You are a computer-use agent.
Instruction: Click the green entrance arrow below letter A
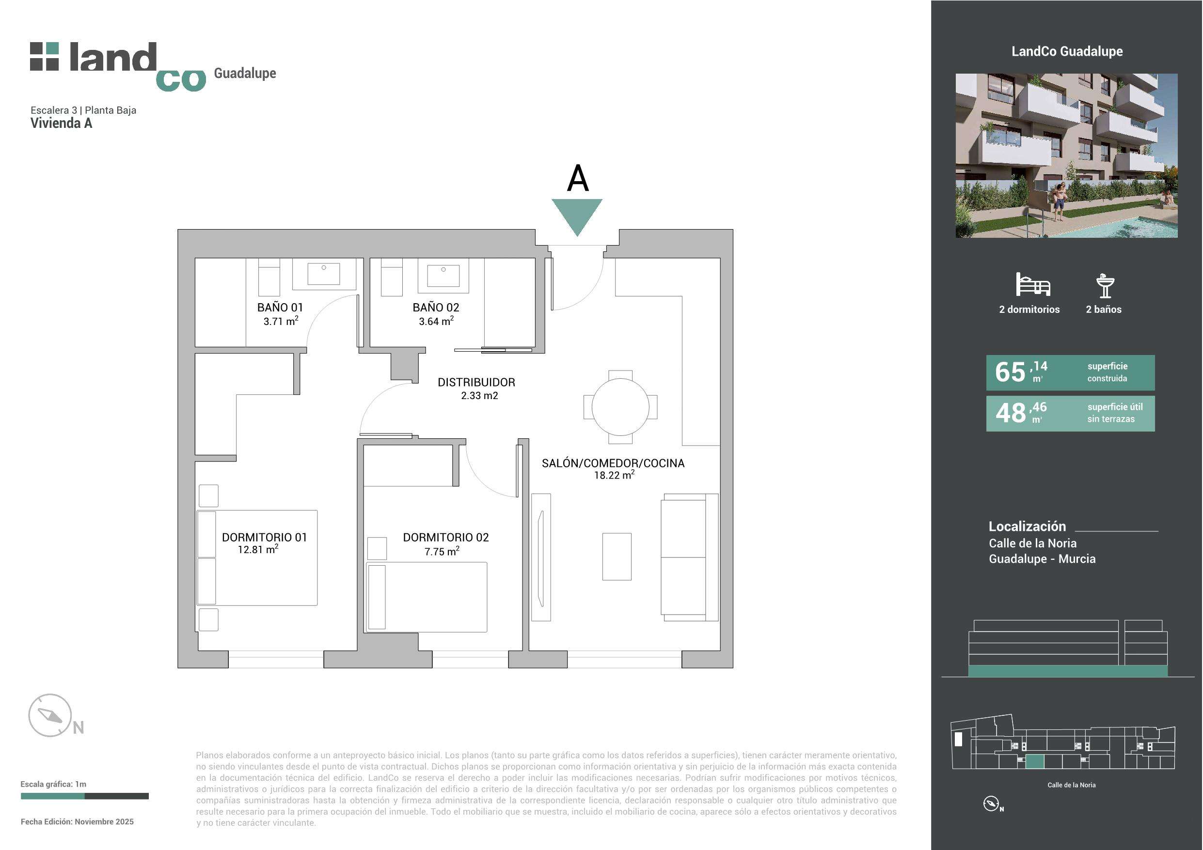point(577,215)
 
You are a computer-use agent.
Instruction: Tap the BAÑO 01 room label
point(280,308)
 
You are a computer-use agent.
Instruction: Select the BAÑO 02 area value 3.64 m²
point(436,321)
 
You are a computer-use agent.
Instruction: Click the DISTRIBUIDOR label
point(476,382)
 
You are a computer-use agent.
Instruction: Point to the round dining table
point(620,406)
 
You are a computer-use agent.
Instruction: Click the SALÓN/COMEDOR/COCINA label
point(613,463)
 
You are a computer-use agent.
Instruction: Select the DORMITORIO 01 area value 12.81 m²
point(258,549)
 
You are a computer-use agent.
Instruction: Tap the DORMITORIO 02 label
point(445,537)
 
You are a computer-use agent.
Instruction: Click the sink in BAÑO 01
point(323,273)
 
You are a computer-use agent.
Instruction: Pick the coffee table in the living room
point(617,556)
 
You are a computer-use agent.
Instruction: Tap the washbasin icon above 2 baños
point(1105,285)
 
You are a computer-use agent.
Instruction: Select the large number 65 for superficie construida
point(1010,372)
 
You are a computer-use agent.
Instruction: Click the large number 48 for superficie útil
point(1011,413)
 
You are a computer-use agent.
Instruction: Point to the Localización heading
point(1027,526)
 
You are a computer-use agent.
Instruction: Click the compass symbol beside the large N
point(50,715)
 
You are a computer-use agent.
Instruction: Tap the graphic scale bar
point(84,796)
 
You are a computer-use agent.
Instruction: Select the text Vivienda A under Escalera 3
point(61,123)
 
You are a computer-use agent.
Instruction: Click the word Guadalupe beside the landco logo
point(245,73)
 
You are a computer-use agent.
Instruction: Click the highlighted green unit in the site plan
point(1035,761)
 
